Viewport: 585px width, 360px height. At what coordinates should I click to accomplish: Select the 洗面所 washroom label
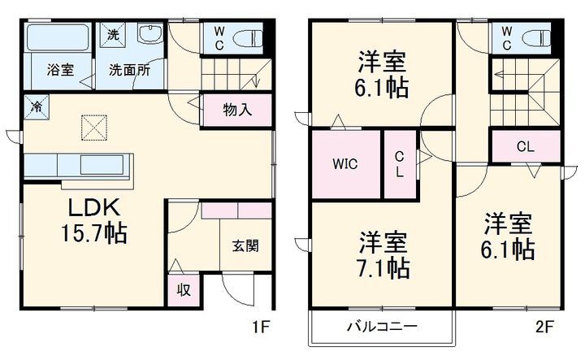click(130, 70)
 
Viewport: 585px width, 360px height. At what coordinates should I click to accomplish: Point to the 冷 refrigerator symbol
click(37, 106)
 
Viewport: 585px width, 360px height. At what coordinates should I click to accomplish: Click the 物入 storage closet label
click(236, 109)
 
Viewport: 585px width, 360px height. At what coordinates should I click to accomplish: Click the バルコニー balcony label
click(382, 327)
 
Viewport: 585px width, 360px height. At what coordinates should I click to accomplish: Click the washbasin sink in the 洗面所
click(150, 36)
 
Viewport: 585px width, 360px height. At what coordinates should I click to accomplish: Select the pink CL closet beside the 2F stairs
click(525, 147)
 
